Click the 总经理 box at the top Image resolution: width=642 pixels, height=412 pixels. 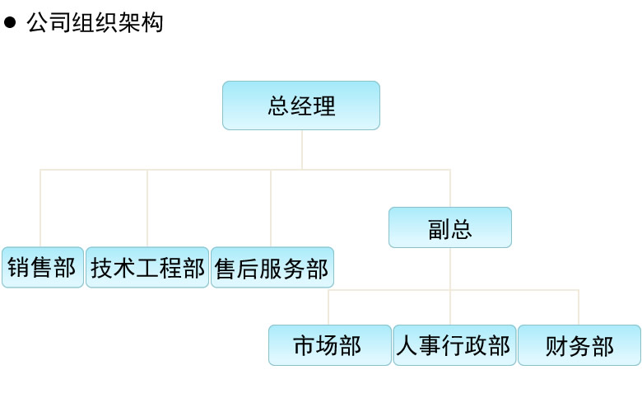tap(301, 105)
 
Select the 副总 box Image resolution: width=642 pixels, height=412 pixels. tap(450, 227)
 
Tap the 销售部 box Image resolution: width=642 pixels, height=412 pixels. tap(43, 267)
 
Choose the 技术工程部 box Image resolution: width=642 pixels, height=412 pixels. tap(147, 267)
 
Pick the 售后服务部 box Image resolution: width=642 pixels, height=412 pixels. tap(272, 267)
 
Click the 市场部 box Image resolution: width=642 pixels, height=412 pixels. tap(329, 345)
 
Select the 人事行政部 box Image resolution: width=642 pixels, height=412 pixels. tap(454, 345)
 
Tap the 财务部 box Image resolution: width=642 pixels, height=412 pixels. tap(579, 345)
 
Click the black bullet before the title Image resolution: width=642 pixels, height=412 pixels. tap(10, 22)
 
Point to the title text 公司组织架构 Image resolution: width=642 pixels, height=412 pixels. tap(95, 22)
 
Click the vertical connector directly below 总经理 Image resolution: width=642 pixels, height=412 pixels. tap(302, 150)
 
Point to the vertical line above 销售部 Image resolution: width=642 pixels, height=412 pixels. tap(40, 208)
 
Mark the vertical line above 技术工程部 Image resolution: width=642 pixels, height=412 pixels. tap(147, 208)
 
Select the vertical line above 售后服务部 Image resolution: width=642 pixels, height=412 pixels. tap(271, 208)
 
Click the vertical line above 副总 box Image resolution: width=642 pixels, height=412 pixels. tap(450, 188)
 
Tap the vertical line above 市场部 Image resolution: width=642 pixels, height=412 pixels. tap(328, 307)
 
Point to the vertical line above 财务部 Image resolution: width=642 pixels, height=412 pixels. tap(579, 307)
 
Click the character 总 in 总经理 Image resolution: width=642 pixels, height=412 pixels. tap(278, 105)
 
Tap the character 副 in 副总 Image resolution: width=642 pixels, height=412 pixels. tap(439, 229)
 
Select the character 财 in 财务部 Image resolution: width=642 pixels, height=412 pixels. tap(556, 346)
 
